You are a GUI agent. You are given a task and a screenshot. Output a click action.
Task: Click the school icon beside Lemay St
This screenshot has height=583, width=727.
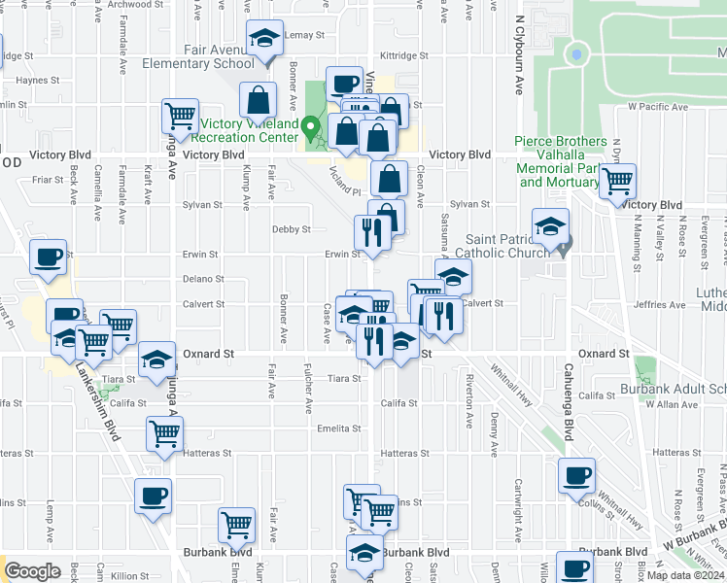tap(264, 39)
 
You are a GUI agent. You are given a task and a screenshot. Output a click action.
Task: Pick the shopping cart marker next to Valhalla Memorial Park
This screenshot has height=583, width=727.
tap(618, 180)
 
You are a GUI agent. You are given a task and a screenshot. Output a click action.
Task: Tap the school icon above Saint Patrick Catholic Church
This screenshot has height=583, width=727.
tap(550, 227)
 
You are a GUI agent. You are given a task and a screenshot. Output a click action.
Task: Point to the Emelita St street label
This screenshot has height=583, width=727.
tap(339, 429)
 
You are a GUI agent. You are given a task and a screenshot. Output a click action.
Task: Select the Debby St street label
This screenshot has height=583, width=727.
tap(292, 230)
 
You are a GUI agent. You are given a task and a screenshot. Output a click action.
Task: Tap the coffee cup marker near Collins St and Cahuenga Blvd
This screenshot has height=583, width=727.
tap(577, 475)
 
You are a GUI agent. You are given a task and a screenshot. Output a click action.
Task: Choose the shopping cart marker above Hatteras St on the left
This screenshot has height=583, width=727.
tap(164, 434)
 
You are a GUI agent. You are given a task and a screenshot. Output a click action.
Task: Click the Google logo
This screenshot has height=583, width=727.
tap(33, 570)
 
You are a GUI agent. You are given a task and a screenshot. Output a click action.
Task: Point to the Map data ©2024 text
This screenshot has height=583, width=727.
tap(685, 575)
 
